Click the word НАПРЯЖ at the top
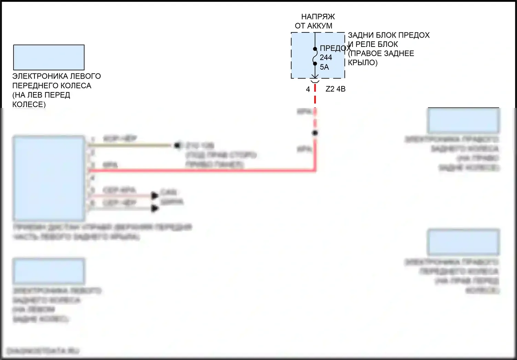tap(318, 17)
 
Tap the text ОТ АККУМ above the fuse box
tap(313, 26)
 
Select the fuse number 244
tap(326, 58)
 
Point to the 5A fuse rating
tap(324, 67)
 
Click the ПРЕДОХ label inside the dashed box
tap(333, 48)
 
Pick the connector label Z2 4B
tap(335, 89)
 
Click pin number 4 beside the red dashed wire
tap(308, 89)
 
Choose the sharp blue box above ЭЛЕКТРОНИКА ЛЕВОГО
tap(49, 57)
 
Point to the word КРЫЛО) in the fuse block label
tap(363, 63)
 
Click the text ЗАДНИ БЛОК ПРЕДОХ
tap(388, 35)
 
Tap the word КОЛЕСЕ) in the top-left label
tap(29, 104)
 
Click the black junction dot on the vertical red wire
tap(315, 133)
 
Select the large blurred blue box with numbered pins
tap(49, 178)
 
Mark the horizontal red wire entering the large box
tap(200, 170)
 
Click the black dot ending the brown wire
tap(177, 145)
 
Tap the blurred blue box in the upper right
tap(463, 121)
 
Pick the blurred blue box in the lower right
tap(463, 242)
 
